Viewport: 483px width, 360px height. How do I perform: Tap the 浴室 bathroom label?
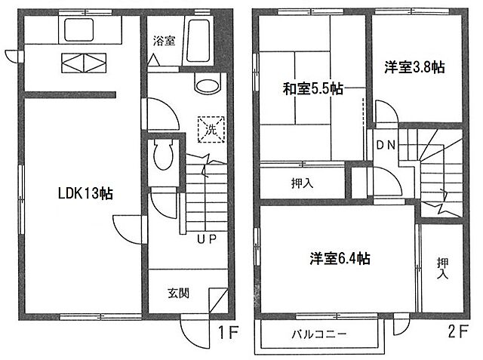(x=165, y=42)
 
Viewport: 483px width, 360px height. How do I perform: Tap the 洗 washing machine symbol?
(x=211, y=128)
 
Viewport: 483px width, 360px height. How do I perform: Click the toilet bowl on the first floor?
(x=163, y=157)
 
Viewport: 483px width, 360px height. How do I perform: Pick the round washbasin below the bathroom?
(x=205, y=85)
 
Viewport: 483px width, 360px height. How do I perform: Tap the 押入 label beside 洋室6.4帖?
(x=441, y=267)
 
